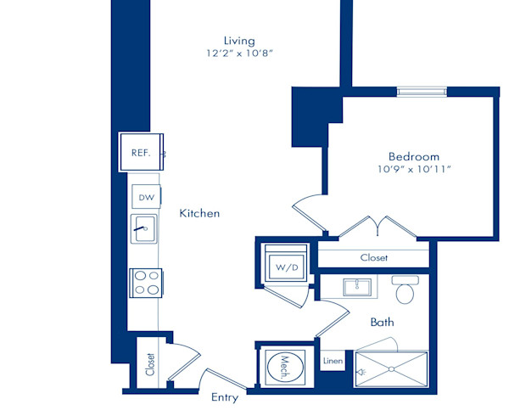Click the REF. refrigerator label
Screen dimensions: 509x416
[x=141, y=153]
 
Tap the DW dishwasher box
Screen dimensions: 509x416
[x=146, y=196]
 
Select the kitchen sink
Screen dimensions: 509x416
[x=144, y=228]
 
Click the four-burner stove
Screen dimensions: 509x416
[x=146, y=283]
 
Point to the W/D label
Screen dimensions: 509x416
[x=287, y=267]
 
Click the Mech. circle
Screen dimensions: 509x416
[x=285, y=367]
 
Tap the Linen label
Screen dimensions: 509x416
[x=333, y=361]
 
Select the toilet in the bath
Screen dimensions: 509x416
[x=405, y=290]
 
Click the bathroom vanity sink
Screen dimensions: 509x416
[x=357, y=287]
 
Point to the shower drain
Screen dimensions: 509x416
[x=391, y=369]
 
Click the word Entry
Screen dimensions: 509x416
[x=225, y=397]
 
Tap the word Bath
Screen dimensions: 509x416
[x=382, y=322]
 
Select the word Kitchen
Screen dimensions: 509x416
[x=199, y=213]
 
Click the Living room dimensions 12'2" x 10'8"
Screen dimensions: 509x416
[x=239, y=53]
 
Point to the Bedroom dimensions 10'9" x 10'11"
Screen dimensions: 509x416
[x=414, y=169]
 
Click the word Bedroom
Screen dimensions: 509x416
[x=414, y=156]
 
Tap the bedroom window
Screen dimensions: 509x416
[x=422, y=91]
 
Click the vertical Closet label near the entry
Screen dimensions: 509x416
[x=150, y=364]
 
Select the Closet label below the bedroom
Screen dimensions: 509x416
[x=373, y=257]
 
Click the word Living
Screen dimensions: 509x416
[x=239, y=41]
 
